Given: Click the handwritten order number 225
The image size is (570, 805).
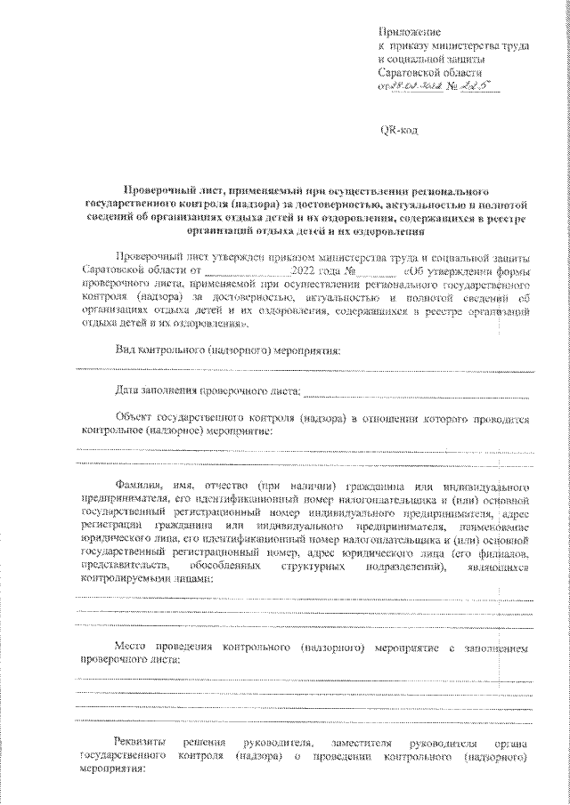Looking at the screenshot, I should click(485, 86).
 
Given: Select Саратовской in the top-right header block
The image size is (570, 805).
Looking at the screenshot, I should click(417, 72).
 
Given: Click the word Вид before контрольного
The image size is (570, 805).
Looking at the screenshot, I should click(126, 352).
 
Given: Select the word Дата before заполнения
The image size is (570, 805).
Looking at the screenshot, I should click(131, 390).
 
